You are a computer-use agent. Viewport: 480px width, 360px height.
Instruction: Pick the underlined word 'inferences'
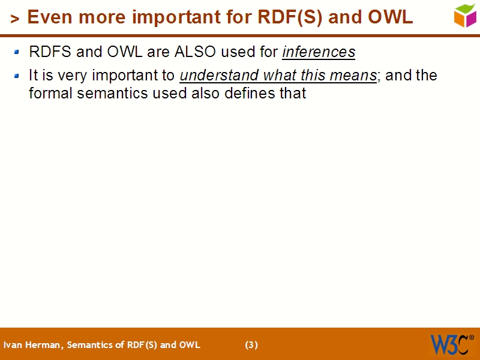[x=319, y=52]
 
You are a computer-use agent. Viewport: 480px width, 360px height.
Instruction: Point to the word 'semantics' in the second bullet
[x=104, y=93]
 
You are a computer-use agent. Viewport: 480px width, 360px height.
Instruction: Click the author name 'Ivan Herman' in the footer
[x=32, y=345]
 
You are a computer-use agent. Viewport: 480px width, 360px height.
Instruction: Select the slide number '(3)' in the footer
[x=251, y=345]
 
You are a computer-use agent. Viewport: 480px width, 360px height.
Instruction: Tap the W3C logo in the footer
[x=448, y=344]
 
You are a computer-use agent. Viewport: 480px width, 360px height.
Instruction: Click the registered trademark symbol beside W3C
[x=471, y=337]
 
